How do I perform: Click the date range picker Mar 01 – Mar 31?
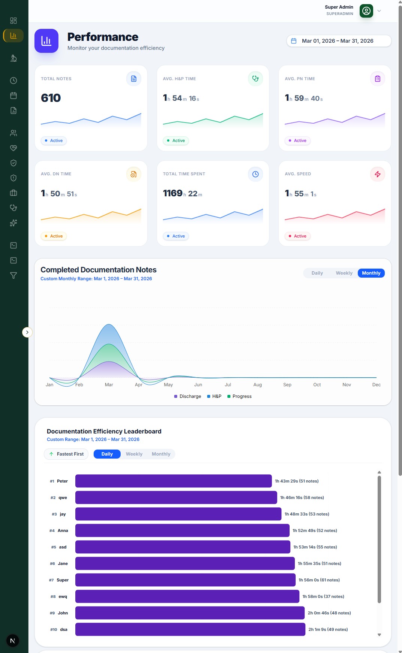(339, 41)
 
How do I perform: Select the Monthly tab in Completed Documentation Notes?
(371, 273)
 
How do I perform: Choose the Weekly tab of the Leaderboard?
(134, 454)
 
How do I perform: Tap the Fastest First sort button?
(66, 454)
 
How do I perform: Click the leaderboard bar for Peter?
(173, 481)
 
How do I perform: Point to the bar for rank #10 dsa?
(190, 629)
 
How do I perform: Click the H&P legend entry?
(214, 396)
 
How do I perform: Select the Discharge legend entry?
(188, 396)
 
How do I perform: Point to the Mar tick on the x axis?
(109, 385)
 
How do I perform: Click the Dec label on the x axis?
(377, 385)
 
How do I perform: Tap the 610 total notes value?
(51, 98)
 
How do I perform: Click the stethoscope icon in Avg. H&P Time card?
(256, 79)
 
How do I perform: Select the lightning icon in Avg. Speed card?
(378, 174)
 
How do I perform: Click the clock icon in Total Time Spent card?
(256, 174)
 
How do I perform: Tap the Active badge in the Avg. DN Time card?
(54, 236)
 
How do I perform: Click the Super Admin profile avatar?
(366, 11)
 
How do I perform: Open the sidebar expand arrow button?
(27, 332)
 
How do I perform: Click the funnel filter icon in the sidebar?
(13, 275)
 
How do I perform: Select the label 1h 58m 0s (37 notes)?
(323, 596)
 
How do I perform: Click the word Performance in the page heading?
(103, 37)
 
